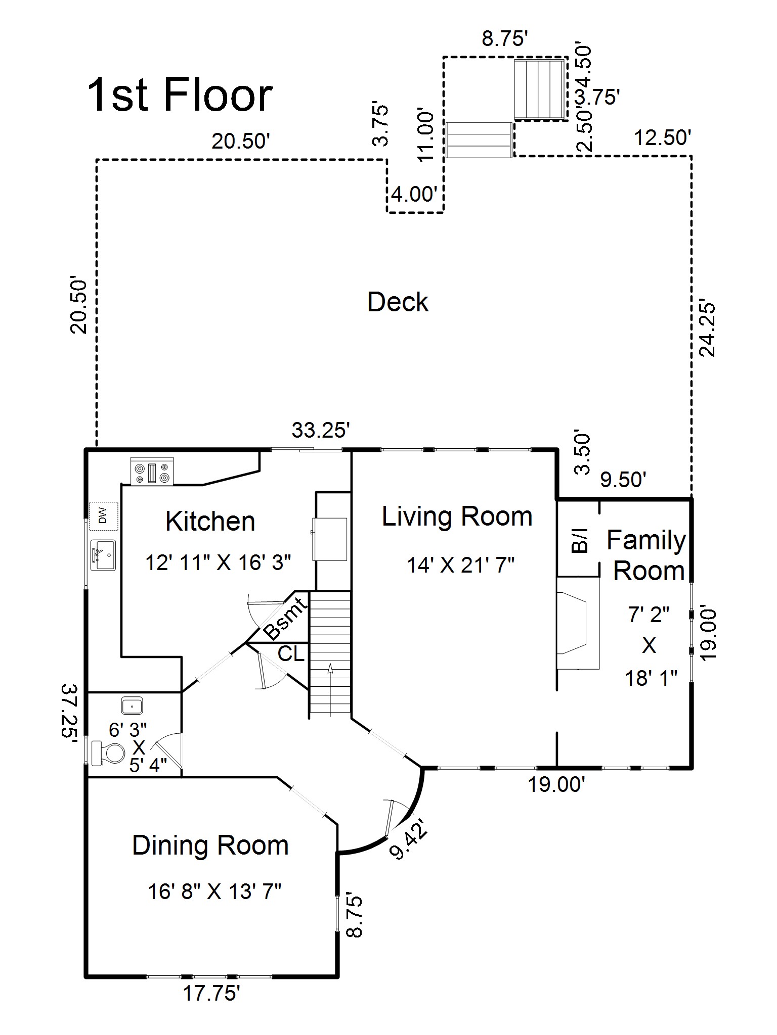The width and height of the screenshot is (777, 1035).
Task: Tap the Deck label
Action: pyautogui.click(x=398, y=302)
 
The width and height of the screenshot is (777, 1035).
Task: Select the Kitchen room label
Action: pyautogui.click(x=210, y=521)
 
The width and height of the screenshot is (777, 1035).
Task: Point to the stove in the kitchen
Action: pyautogui.click(x=152, y=471)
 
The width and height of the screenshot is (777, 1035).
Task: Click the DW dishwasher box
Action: pyautogui.click(x=104, y=516)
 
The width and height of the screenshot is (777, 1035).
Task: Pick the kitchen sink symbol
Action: pyautogui.click(x=103, y=555)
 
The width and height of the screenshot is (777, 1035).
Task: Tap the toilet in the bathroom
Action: pyautogui.click(x=108, y=753)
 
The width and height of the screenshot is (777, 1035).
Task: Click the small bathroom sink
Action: pyautogui.click(x=132, y=704)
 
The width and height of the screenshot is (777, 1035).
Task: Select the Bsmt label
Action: pyautogui.click(x=285, y=618)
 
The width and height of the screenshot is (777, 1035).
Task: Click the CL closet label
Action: pyautogui.click(x=291, y=654)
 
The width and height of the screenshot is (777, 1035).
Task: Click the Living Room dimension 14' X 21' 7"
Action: pyautogui.click(x=460, y=565)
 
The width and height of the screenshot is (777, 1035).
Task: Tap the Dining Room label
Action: pyautogui.click(x=210, y=845)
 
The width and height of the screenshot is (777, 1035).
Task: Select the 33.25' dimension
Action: pyautogui.click(x=321, y=430)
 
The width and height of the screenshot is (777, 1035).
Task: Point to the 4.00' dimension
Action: pyautogui.click(x=414, y=194)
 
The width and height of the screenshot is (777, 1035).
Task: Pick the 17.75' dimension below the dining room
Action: pyautogui.click(x=211, y=994)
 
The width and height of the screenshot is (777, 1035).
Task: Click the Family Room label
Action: pyautogui.click(x=647, y=555)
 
